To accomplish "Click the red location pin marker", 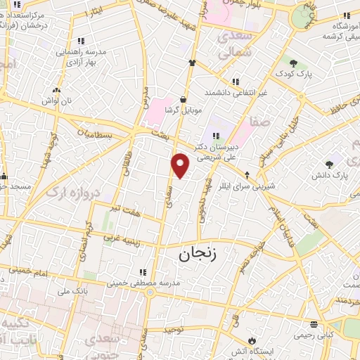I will click(181, 165).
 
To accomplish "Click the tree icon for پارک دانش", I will click(329, 164).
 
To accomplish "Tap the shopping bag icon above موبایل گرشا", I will click(184, 99).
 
